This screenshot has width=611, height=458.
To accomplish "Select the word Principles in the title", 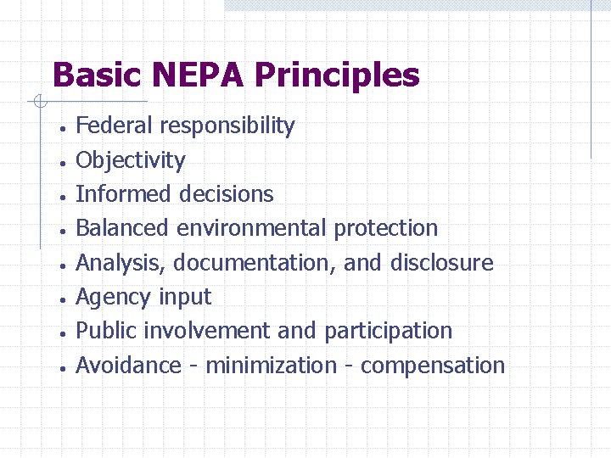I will click(337, 76).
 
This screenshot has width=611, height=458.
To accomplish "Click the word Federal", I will click(115, 126).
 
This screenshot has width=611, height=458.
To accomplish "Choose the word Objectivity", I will click(131, 160).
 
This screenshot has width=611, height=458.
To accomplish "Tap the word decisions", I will click(224, 193).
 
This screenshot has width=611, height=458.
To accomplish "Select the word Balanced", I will click(123, 228).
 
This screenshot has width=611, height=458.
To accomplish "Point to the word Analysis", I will click(122, 263).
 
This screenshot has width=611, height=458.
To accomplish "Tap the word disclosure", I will click(441, 263).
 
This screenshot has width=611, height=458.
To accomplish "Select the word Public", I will click(103, 331).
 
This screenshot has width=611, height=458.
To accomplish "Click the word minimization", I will click(272, 366).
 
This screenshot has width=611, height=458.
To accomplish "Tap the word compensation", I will click(433, 366).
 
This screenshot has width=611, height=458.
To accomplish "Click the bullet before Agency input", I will click(63, 299).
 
